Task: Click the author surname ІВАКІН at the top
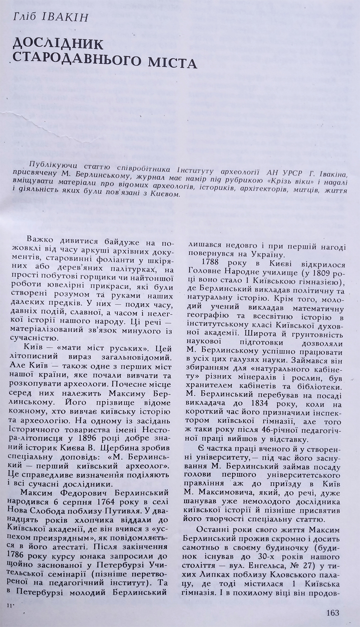pyautogui.click(x=65, y=17)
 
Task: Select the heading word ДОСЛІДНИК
pyautogui.click(x=58, y=44)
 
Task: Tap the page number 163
pyautogui.click(x=332, y=612)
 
